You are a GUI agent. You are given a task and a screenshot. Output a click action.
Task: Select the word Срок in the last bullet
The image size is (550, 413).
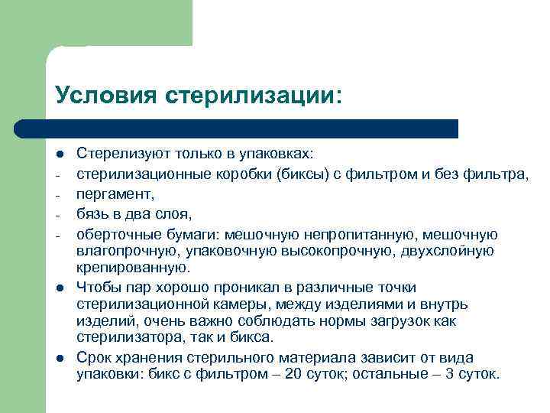(x=92, y=358)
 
